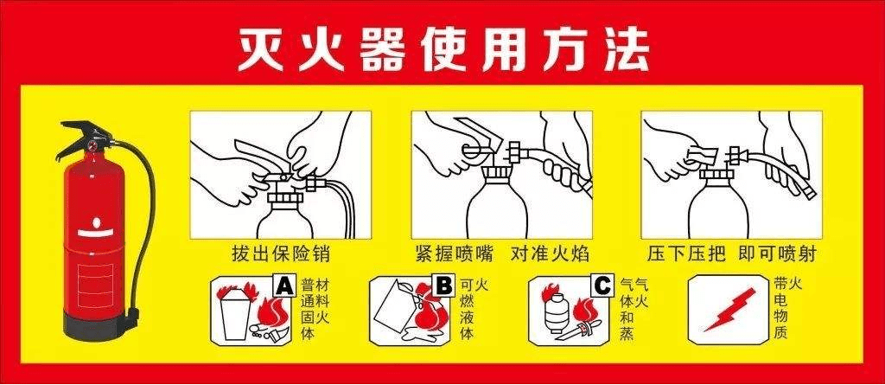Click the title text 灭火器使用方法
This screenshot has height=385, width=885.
(442, 49)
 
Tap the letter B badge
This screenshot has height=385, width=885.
(443, 284)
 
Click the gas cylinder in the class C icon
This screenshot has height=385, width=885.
(553, 315)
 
